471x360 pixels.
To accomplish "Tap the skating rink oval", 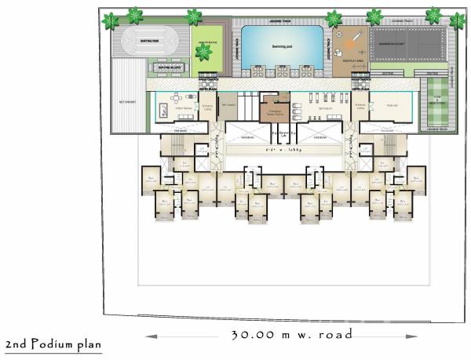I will [x=147, y=42].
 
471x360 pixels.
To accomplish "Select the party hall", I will [x=390, y=107].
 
